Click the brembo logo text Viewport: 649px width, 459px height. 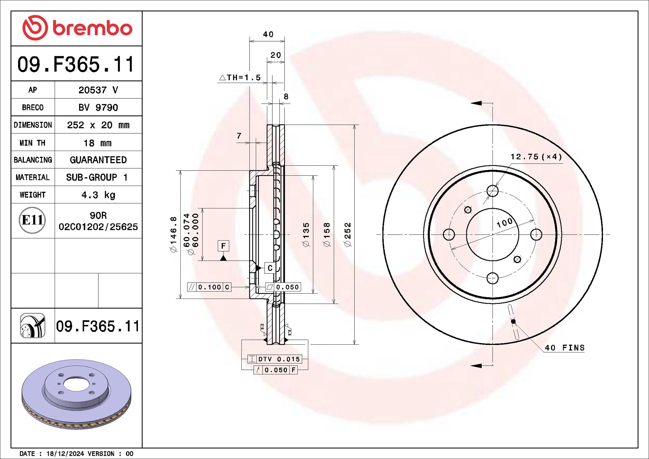pos(92,28)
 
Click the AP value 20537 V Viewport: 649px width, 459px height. pos(98,90)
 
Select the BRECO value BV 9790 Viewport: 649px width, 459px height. pos(98,107)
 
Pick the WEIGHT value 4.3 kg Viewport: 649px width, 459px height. pos(98,195)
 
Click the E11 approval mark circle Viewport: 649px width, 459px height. pos(32,220)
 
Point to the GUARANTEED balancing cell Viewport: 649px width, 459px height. pos(98,160)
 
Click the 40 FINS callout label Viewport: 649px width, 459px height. pos(564,348)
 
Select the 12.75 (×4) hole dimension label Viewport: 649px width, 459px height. pos(536,157)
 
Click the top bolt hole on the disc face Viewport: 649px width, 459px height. pos(492,191)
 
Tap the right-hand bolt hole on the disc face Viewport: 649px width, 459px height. pos(536,234)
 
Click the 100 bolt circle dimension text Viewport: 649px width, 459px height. pos(505,223)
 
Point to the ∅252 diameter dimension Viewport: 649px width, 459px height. pos(348,234)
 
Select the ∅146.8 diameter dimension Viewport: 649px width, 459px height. pos(173,234)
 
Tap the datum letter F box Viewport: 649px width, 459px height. pos(223,246)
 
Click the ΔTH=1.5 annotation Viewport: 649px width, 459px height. pos(240,77)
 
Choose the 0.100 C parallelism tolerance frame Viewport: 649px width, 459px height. pos(209,287)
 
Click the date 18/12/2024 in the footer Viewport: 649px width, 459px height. pos(65,453)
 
